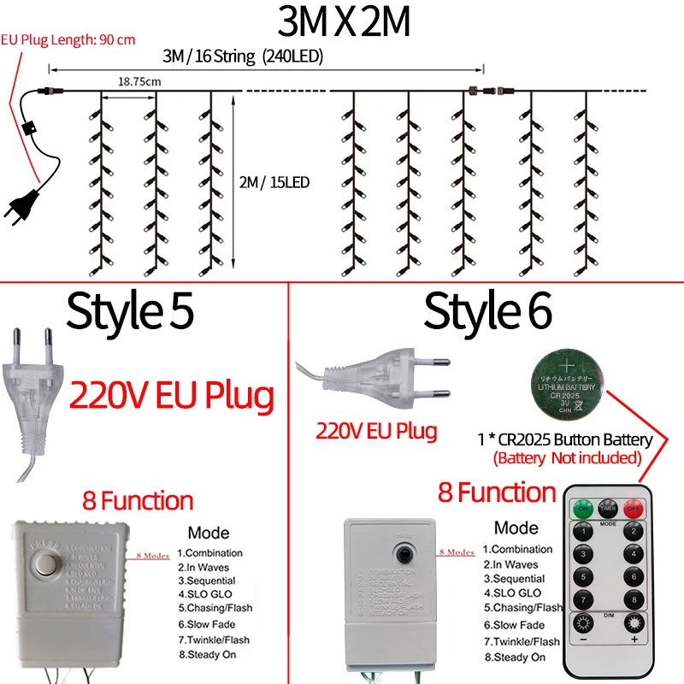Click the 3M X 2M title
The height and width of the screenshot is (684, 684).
pos(342,24)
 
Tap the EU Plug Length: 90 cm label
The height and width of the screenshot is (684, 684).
pos(68,40)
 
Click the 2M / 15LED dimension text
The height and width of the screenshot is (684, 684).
pos(274,182)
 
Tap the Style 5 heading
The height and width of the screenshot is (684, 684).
pos(130,311)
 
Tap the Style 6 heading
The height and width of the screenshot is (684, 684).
pos(488,311)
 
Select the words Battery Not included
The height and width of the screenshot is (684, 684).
pos(567,458)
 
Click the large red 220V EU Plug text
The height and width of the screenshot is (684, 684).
pos(172,396)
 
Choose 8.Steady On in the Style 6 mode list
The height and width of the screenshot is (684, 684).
pos(514,657)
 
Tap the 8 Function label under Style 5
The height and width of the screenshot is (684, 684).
pos(138,500)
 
